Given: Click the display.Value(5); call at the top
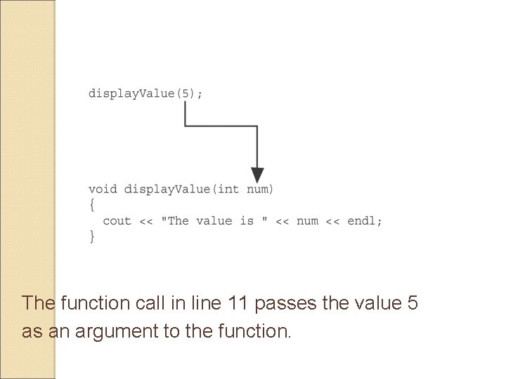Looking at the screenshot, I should (x=145, y=93).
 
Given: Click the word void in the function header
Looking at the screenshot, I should (x=103, y=189).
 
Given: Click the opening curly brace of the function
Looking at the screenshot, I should (x=92, y=205).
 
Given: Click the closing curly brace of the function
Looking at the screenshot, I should (x=92, y=237).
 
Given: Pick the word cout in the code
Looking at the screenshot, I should (x=117, y=221).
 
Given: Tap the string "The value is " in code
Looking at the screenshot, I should (x=214, y=221).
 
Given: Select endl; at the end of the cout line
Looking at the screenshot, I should (x=365, y=221).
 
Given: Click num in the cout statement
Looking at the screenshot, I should (x=307, y=221).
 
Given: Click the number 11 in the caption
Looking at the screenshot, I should (x=240, y=303).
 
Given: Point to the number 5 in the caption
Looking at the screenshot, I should (x=413, y=303).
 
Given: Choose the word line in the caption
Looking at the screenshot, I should (x=204, y=303).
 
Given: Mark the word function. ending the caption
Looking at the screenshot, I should (x=254, y=331).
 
